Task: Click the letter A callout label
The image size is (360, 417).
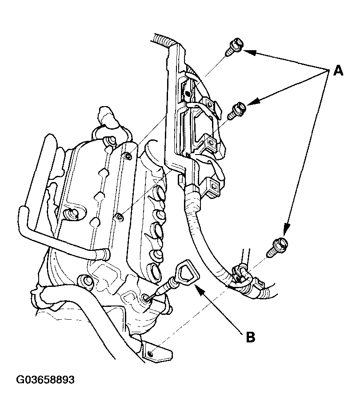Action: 338,71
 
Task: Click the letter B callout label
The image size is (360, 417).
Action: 250,337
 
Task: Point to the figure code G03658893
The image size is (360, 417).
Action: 45,380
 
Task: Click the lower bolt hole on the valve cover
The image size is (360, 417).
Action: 120,218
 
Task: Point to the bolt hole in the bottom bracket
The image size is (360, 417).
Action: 151,353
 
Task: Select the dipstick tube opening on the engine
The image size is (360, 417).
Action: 146,298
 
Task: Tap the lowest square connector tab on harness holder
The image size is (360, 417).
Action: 213,184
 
